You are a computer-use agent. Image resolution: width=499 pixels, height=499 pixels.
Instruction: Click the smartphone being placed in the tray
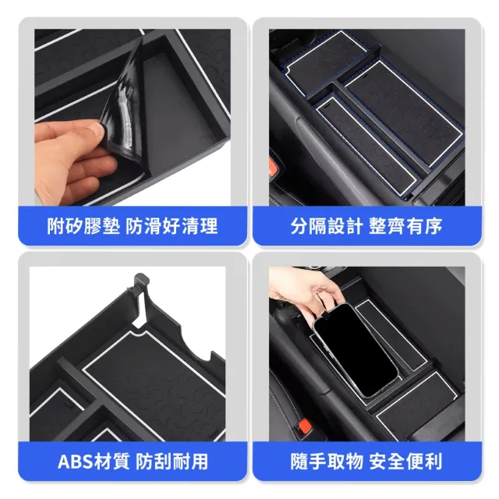(355, 350)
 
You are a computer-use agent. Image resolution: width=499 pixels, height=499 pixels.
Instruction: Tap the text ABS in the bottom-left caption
(75, 462)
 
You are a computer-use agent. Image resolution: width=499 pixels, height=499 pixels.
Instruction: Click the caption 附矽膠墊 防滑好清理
(133, 226)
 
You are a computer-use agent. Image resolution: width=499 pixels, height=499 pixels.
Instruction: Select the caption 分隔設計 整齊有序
(366, 226)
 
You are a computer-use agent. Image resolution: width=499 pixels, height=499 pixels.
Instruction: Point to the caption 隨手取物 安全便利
(366, 462)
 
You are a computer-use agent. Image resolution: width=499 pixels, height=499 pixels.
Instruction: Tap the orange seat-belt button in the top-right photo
(273, 168)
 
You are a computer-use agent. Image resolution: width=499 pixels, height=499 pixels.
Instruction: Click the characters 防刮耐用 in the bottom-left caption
(172, 462)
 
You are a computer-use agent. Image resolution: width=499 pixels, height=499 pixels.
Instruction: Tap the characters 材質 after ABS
(111, 462)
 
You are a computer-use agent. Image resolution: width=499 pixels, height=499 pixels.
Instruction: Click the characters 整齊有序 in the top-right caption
(405, 226)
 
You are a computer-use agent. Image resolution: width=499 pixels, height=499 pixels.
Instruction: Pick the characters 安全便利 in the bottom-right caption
(405, 462)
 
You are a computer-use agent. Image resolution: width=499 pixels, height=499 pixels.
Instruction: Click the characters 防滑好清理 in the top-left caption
(172, 226)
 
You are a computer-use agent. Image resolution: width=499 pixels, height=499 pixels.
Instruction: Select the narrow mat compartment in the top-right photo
(366, 145)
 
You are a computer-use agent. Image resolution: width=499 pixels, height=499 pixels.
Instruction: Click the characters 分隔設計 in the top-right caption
(327, 226)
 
